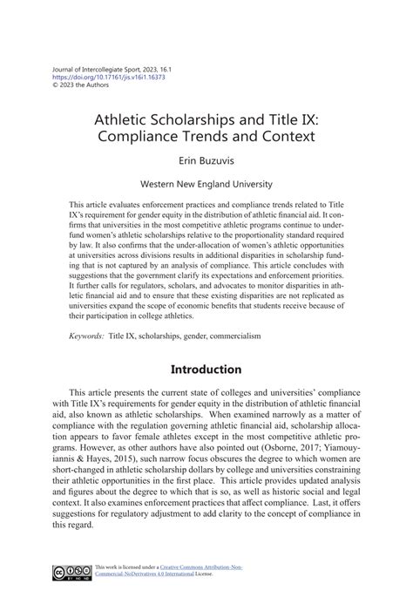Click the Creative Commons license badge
point(71,572)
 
